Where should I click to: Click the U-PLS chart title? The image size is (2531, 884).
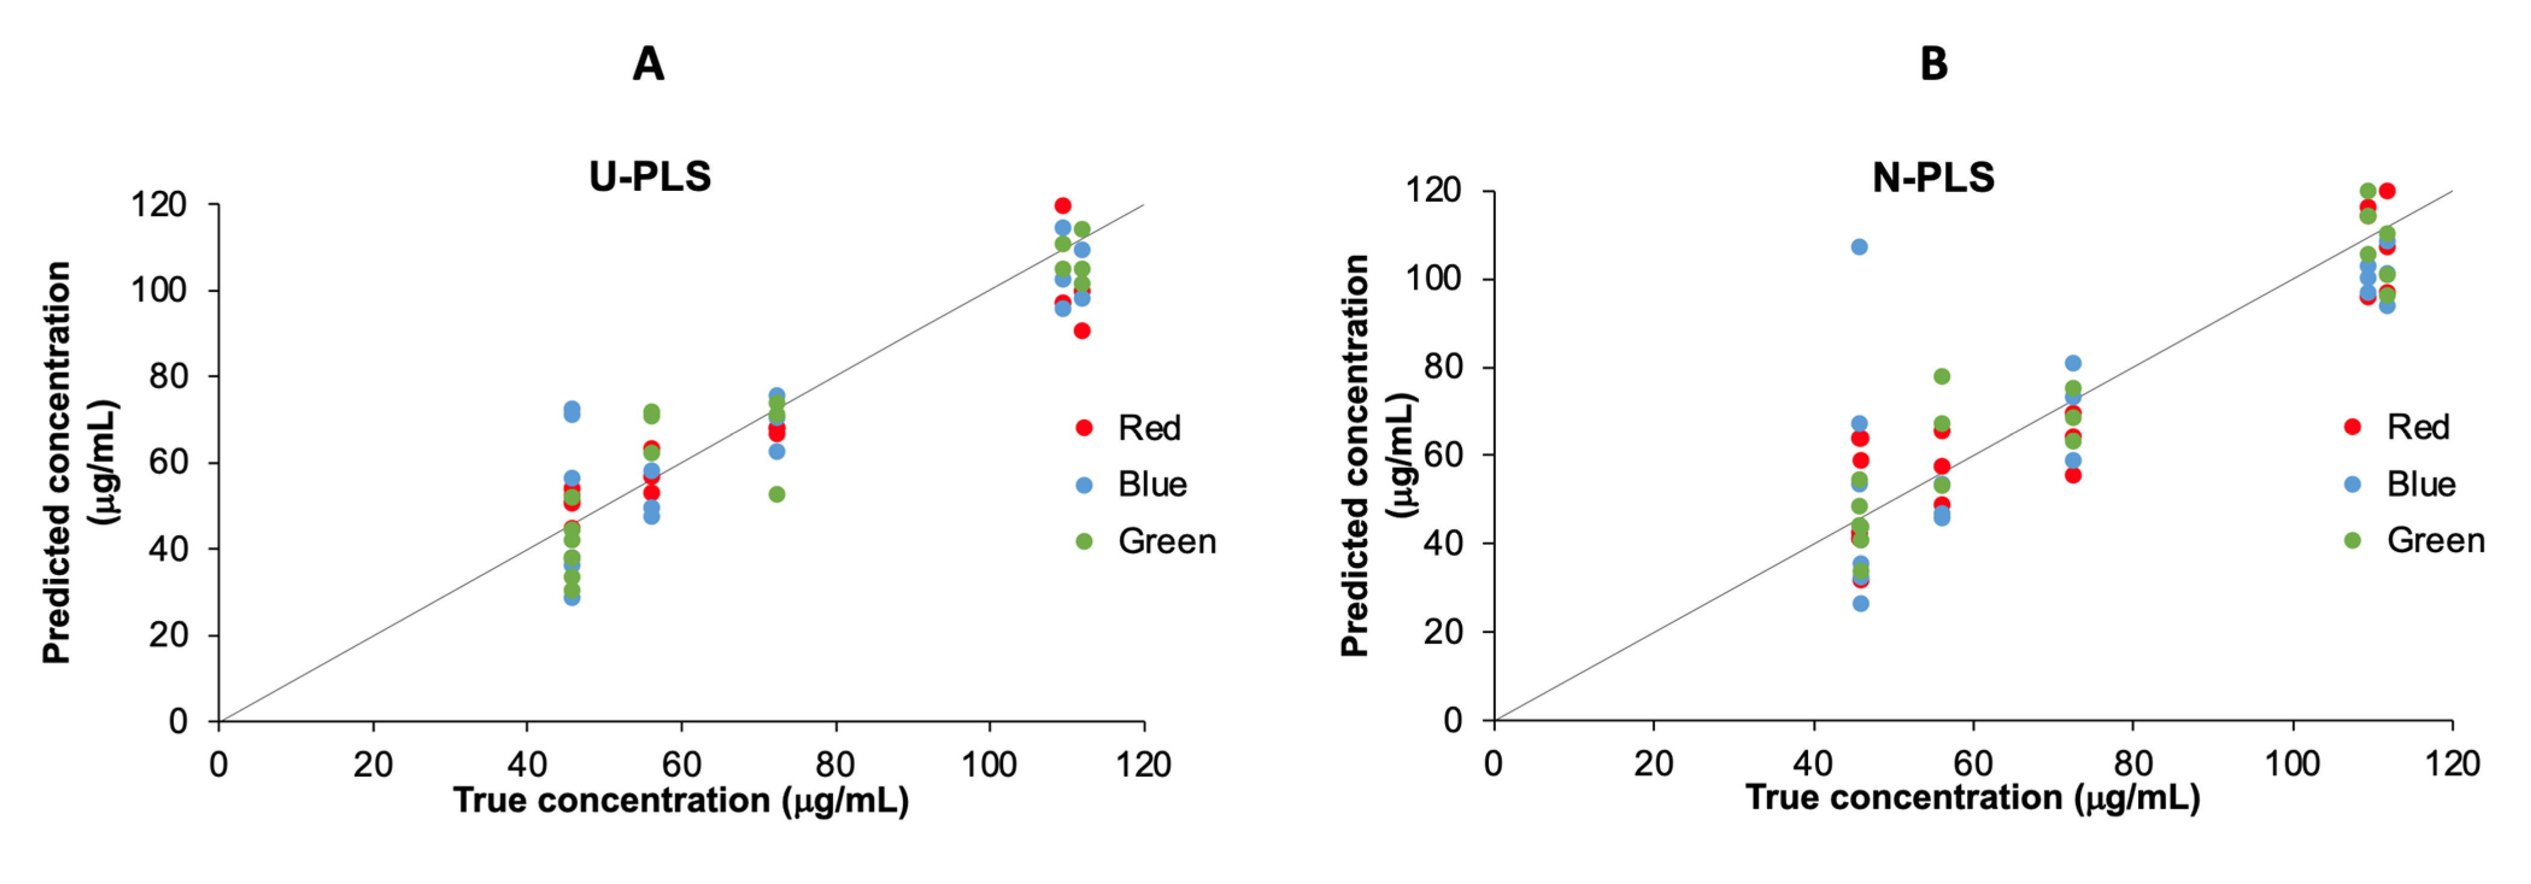[x=649, y=177]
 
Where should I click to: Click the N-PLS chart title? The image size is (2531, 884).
[x=1933, y=178]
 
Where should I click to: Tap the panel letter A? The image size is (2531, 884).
[x=648, y=65]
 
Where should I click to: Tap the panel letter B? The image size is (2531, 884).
[x=1933, y=65]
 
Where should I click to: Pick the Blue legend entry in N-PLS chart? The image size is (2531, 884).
[x=2420, y=484]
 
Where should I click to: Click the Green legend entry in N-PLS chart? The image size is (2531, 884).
[x=2435, y=540]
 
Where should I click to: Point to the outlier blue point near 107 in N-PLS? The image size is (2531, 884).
[x=1859, y=246]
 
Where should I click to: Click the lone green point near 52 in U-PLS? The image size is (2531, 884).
[x=776, y=494]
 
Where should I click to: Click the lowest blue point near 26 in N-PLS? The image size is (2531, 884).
[x=1860, y=603]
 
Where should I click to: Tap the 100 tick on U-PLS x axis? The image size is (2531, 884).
[x=989, y=764]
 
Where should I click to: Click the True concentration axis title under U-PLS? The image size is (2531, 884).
[x=680, y=800]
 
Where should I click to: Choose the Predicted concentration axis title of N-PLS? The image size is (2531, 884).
[x=1356, y=455]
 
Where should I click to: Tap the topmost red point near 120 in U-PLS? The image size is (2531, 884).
[x=1062, y=205]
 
